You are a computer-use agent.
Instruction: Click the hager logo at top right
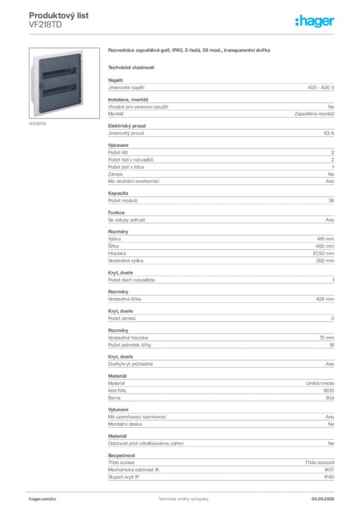314,21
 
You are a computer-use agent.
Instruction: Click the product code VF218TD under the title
45,25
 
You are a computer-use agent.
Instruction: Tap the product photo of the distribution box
64,83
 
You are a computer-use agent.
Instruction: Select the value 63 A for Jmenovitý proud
329,133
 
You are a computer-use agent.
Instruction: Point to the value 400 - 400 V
321,87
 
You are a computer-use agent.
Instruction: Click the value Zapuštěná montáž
314,114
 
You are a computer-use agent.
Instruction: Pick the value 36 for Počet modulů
331,201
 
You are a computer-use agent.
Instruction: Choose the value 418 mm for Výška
325,239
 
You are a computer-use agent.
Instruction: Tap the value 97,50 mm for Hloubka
323,254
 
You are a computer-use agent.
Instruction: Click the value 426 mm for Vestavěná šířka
325,299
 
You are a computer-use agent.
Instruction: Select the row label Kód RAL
117,391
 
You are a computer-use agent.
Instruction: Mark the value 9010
329,391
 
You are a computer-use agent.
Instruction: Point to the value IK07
329,470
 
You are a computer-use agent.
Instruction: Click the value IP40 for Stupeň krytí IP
329,477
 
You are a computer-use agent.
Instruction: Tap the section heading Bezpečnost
121,455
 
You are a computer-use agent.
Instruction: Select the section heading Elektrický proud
127,126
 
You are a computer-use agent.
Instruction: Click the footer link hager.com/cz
43,499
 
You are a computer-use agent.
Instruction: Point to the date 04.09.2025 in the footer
323,499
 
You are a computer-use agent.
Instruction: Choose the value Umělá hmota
320,383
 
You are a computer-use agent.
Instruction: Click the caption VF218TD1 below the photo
37,124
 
